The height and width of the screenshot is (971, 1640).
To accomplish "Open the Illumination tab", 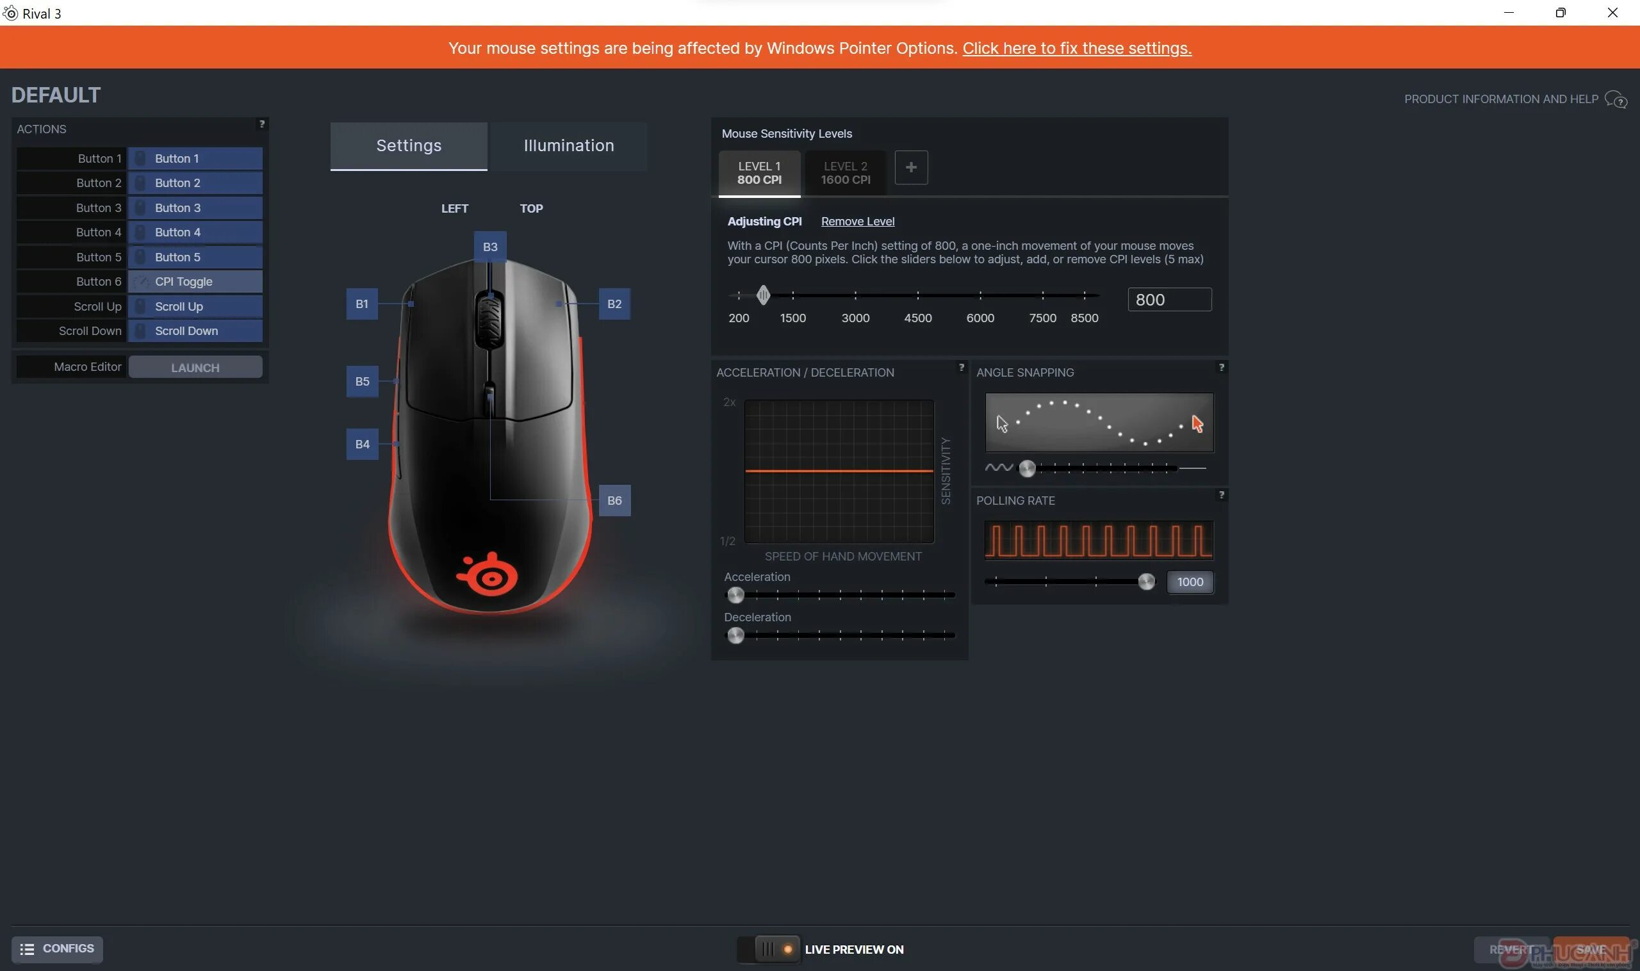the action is [x=568, y=145].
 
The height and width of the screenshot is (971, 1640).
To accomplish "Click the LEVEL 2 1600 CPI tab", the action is [x=845, y=173].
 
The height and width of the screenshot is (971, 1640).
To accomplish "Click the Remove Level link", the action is [x=857, y=221].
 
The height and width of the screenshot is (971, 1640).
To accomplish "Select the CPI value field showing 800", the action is [x=1168, y=300].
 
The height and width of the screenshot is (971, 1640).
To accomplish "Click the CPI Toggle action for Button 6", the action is [x=195, y=281].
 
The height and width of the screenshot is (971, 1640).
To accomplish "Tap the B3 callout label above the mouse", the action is [x=489, y=247].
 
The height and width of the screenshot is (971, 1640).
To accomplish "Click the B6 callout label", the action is [x=614, y=500].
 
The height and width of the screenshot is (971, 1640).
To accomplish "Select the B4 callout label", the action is [x=362, y=445].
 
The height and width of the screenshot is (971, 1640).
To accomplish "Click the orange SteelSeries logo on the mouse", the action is [x=488, y=575].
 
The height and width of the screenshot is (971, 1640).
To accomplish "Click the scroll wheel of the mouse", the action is [x=489, y=321].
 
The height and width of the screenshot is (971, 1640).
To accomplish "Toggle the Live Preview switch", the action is [x=768, y=949].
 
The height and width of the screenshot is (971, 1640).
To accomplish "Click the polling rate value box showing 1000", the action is [x=1189, y=582].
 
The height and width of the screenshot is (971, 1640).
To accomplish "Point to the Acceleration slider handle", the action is [x=735, y=595].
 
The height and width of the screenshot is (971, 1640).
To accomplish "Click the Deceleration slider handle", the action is [x=735, y=635].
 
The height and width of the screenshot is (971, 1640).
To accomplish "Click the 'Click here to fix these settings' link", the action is [x=1076, y=48].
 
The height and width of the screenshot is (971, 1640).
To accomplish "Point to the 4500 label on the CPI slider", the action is [x=917, y=318].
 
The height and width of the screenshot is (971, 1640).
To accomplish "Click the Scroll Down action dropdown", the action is [x=195, y=331].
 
